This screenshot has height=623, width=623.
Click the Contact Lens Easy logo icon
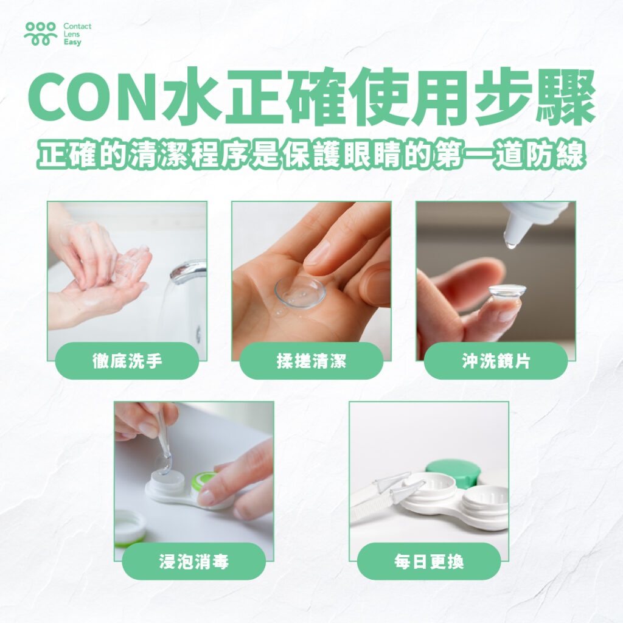(41, 34)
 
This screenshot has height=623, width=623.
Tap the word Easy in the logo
(72, 42)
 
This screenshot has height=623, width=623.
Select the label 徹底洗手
(127, 361)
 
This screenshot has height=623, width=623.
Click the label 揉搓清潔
(311, 361)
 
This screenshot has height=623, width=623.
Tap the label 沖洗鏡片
(496, 361)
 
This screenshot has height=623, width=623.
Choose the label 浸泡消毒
(194, 562)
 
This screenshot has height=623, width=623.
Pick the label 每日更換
(429, 562)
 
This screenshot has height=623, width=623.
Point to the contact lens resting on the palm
(300, 293)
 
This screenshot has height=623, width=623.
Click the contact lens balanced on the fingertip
(507, 291)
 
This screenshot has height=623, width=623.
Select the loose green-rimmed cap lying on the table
(130, 527)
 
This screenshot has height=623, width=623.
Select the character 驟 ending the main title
(566, 98)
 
